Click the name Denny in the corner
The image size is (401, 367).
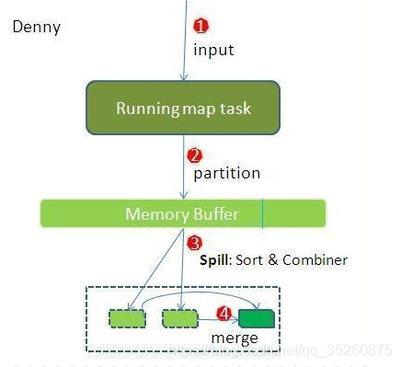(x=37, y=27)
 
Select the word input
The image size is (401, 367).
(x=213, y=50)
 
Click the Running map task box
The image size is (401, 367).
(x=183, y=108)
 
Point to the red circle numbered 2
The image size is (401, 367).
(x=194, y=155)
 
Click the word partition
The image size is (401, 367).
(x=226, y=173)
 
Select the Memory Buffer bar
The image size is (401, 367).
(x=182, y=213)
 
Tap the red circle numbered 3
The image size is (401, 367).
(x=194, y=243)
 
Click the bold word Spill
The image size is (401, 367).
(x=214, y=260)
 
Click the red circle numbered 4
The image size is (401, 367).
(x=223, y=313)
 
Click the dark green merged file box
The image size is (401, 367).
(x=257, y=319)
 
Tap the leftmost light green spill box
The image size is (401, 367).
(x=128, y=319)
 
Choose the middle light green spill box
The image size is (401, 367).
(x=180, y=319)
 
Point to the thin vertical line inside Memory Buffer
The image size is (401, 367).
(x=262, y=213)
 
